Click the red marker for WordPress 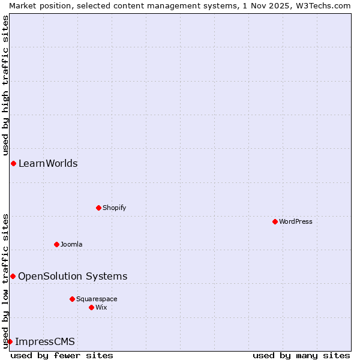pos(275,221)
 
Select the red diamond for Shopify pos(98,208)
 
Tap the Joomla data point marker pos(56,244)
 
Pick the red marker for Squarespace pos(72,299)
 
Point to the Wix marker pos(91,307)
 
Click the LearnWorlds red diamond pos(13,163)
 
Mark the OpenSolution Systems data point pos(13,276)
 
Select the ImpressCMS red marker pos(10,341)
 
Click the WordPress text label pos(296,221)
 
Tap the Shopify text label pos(115,208)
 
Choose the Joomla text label pos(71,244)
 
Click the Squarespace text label pos(97,299)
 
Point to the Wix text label pos(101,307)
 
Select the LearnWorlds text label pos(48,163)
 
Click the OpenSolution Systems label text pos(73,276)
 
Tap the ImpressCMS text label pos(45,342)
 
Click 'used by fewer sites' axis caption pos(62,355)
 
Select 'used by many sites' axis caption pos(301,355)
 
